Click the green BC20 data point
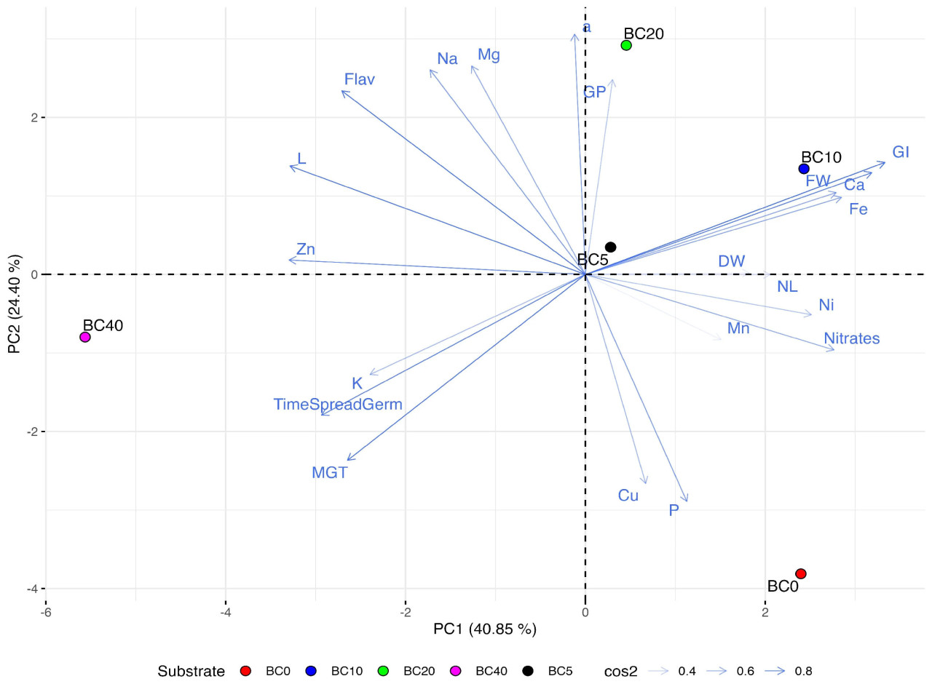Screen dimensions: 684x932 click(x=626, y=45)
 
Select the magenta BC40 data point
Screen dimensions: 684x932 click(x=85, y=337)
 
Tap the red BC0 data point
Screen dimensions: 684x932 click(x=801, y=573)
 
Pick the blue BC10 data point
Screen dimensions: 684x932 click(x=804, y=169)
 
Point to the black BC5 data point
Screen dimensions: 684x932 click(x=611, y=247)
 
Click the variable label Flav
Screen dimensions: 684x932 click(x=360, y=79)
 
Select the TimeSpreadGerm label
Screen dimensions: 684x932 click(x=338, y=405)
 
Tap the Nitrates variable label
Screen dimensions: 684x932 click(x=851, y=338)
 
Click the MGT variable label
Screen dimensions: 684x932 click(x=330, y=473)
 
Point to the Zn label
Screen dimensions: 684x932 click(x=306, y=250)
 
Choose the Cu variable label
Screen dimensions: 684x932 click(x=628, y=496)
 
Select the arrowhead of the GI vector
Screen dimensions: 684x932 click(x=885, y=162)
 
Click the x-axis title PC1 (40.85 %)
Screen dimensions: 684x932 click(x=485, y=629)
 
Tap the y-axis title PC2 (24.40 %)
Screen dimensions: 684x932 click(x=15, y=304)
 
